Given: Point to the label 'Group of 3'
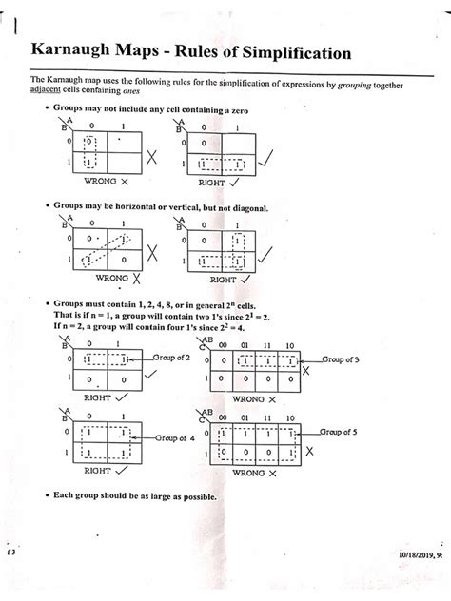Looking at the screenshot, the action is [x=343, y=359].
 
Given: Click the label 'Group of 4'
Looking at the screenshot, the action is [x=177, y=438].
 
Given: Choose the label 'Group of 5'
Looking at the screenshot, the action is [x=343, y=431].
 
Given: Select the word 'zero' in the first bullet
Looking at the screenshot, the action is [x=238, y=111].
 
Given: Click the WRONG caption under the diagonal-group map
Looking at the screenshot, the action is [x=112, y=281].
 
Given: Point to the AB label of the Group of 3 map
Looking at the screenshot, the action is [x=205, y=338].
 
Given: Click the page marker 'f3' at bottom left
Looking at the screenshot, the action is [x=10, y=552].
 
